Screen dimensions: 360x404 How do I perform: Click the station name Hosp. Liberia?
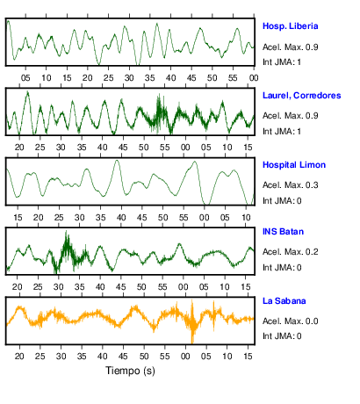pyautogui.click(x=290, y=26)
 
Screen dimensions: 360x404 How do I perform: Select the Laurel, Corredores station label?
pyautogui.click(x=302, y=96)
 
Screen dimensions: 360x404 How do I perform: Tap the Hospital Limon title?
pyautogui.click(x=294, y=165)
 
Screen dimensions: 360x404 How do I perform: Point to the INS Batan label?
pyautogui.click(x=283, y=232)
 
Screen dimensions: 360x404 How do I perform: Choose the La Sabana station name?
pyautogui.click(x=284, y=301)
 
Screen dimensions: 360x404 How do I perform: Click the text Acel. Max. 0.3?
pyautogui.click(x=290, y=185)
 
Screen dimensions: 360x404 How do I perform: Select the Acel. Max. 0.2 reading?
pyautogui.click(x=290, y=252)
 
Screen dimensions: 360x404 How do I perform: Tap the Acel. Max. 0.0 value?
pyautogui.click(x=290, y=321)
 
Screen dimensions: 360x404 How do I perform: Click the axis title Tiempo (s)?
pyautogui.click(x=130, y=371)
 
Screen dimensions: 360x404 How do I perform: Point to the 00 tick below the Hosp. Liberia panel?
pyautogui.click(x=254, y=78)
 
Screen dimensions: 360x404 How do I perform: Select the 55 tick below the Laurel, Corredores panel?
pyautogui.click(x=164, y=148)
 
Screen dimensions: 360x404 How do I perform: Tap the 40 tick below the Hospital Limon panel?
pyautogui.click(x=121, y=218)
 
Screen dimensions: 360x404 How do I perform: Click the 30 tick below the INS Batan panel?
pyautogui.click(x=59, y=287)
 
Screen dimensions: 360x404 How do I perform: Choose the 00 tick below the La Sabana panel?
pyautogui.click(x=185, y=357)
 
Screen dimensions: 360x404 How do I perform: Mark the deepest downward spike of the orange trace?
pyautogui.click(x=192, y=342)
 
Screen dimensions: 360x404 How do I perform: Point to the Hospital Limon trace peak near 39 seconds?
pyautogui.click(x=117, y=161)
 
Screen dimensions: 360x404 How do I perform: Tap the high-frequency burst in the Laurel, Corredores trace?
pyautogui.click(x=159, y=113)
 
